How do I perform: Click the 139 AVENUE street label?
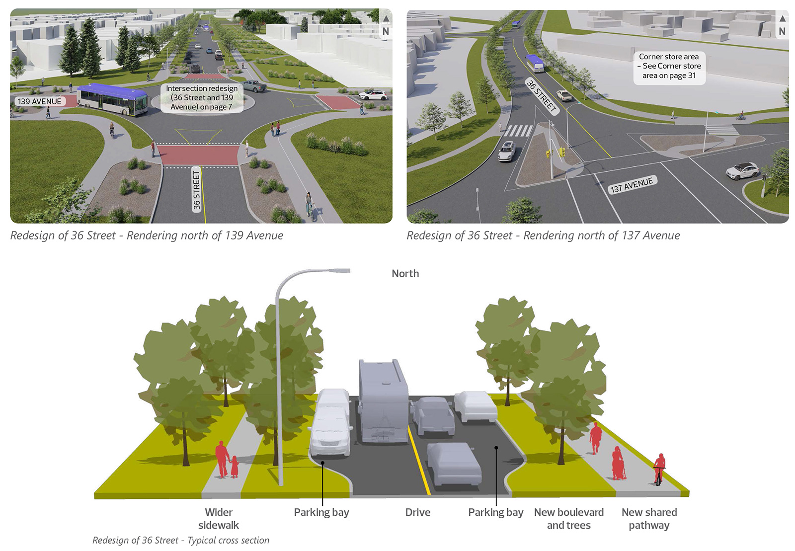[40, 101]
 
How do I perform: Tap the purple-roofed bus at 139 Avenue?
[113, 99]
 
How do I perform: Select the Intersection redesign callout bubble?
[202, 97]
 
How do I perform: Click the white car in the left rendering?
[373, 94]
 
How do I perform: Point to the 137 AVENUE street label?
[632, 185]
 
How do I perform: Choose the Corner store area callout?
[669, 66]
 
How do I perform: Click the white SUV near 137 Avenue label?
[742, 170]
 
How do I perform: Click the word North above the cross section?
[405, 274]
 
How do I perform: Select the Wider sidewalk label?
[219, 519]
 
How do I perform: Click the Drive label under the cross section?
[418, 512]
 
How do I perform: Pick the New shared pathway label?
[649, 519]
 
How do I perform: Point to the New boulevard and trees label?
[569, 519]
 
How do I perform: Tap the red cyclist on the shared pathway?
[659, 470]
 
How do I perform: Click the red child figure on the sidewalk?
[234, 467]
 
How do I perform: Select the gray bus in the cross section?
[384, 401]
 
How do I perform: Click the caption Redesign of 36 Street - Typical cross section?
[181, 540]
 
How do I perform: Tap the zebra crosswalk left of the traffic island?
[518, 131]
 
